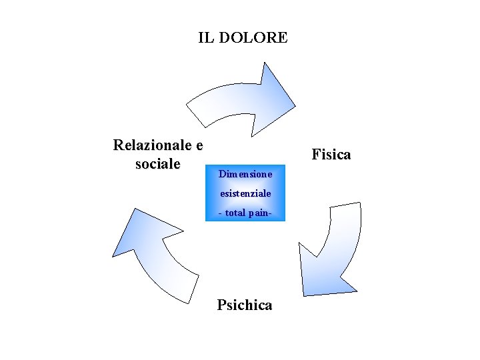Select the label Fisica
[331, 155]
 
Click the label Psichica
[245, 305]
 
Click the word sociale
[157, 164]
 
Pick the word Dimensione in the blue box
[245, 174]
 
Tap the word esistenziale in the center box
[245, 193]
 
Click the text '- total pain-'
[245, 213]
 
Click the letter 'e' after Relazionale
[198, 145]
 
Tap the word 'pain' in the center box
[256, 213]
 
